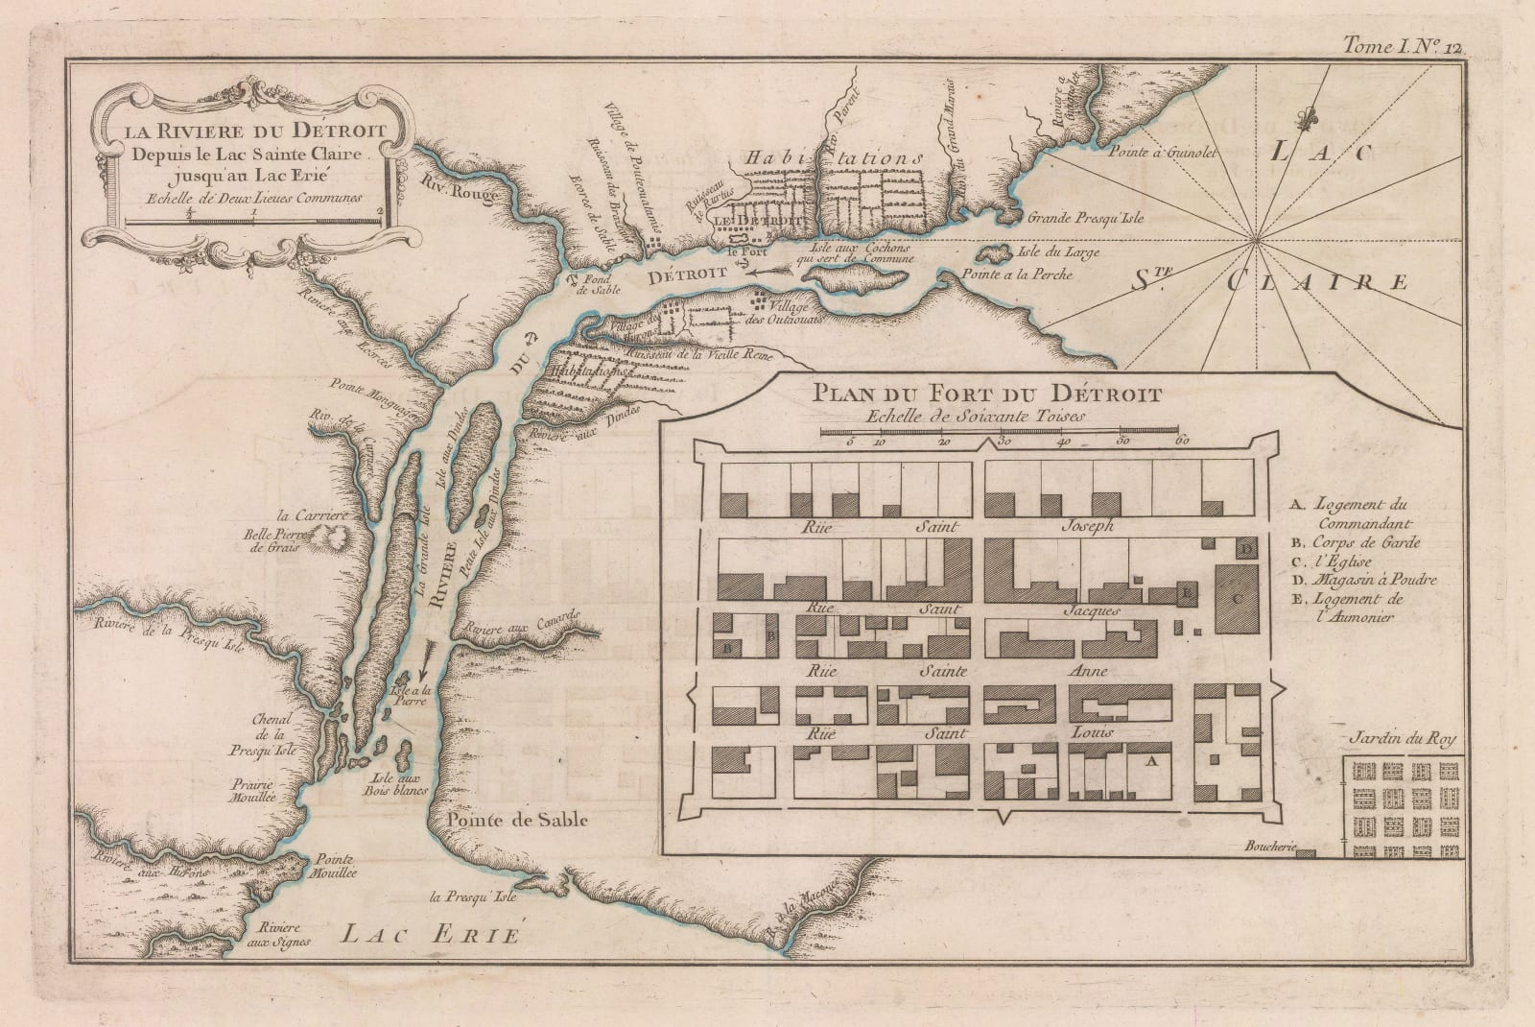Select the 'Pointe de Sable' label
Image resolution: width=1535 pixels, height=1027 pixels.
tap(516, 821)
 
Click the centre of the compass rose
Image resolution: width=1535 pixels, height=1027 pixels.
tap(1255, 244)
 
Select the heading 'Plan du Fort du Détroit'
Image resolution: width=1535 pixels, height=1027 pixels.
tap(986, 394)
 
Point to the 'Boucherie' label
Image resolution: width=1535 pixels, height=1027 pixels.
tap(1268, 848)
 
